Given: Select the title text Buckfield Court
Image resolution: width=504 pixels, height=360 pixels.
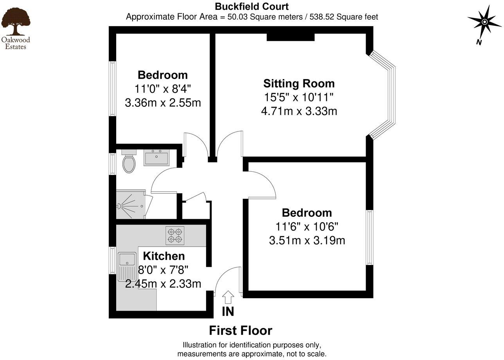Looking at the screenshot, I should (x=252, y=7).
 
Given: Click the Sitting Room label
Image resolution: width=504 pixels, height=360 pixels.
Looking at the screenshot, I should (x=299, y=83).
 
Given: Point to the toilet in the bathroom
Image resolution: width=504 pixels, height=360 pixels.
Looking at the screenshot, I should (x=129, y=162).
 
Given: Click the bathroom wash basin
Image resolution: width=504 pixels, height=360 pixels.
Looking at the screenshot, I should (x=156, y=158).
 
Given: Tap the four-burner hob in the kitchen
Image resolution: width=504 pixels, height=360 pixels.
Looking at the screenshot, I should (x=175, y=236).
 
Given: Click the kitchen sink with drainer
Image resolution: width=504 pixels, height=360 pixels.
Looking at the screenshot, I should (x=127, y=266).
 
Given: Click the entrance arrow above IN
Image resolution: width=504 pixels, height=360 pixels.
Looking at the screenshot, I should (x=228, y=297).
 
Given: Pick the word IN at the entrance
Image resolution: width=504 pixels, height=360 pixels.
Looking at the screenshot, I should (x=228, y=312).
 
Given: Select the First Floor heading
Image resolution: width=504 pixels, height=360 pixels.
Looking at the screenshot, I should (x=240, y=331).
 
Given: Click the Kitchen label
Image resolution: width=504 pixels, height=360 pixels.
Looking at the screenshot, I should (x=164, y=256).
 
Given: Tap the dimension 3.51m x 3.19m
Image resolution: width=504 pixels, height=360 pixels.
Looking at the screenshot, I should (x=307, y=240).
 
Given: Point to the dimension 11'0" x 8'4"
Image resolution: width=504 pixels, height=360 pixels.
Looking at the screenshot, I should (x=163, y=89).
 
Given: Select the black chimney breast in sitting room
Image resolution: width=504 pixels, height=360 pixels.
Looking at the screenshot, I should (x=291, y=37).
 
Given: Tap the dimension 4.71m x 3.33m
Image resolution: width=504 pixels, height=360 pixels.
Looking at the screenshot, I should (x=299, y=112).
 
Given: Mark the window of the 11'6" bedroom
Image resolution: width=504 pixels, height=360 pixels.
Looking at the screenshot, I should (x=369, y=238).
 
